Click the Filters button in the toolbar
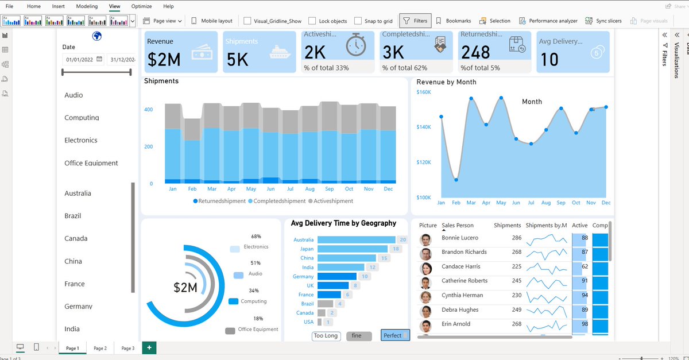click(415, 21)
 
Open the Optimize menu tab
click(141, 6)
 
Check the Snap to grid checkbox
click(358, 21)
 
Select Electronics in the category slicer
click(81, 140)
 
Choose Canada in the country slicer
click(76, 238)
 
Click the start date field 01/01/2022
click(79, 59)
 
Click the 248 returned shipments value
click(475, 53)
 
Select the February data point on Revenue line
click(456, 180)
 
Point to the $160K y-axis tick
click(424, 92)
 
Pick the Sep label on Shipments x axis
click(329, 189)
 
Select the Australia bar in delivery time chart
click(356, 240)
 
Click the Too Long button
click(326, 336)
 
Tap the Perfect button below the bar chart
click(394, 335)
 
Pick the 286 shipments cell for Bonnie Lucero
click(516, 238)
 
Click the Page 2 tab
click(100, 348)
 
